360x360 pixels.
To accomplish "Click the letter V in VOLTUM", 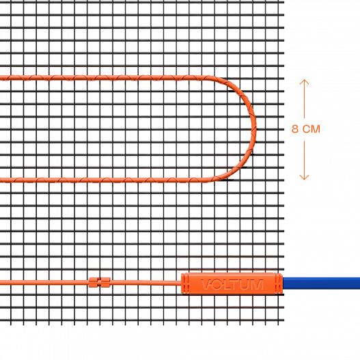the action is pos(206,284).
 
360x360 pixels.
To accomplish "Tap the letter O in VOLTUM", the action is pos(216,284).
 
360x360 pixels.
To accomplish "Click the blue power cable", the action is pos(322,283).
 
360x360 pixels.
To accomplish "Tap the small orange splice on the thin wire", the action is pos(100,282).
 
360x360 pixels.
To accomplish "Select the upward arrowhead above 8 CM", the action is pos(304,82).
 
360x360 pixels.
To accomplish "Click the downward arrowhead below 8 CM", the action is pos(304,177).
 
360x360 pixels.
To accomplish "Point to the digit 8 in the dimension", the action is pos(295,129).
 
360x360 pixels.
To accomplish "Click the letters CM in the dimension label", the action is pos(311,129).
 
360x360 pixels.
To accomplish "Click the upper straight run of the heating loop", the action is pos(103,78).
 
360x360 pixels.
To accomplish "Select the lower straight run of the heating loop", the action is pos(103,180).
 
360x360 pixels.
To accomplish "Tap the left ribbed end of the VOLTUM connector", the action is pos(185,283).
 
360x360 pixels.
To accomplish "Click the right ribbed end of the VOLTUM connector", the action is pos(279,283).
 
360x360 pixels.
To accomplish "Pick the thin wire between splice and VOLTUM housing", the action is pos(146,282).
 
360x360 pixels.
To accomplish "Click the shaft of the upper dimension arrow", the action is pos(304,99).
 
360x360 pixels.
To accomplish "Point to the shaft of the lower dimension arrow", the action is pos(304,160).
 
